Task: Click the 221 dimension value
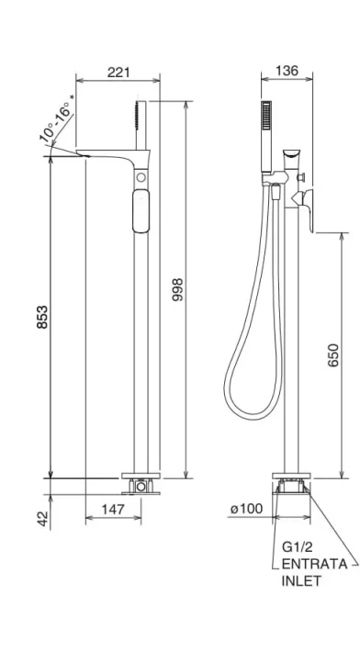pos(117,73)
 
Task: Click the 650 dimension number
pos(333,355)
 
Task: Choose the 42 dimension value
pos(42,520)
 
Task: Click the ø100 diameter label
pos(247,507)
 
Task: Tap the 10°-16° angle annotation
pos(58,123)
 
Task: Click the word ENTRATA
pos(314,564)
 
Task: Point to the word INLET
pos(302,581)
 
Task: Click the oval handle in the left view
pos(141,211)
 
